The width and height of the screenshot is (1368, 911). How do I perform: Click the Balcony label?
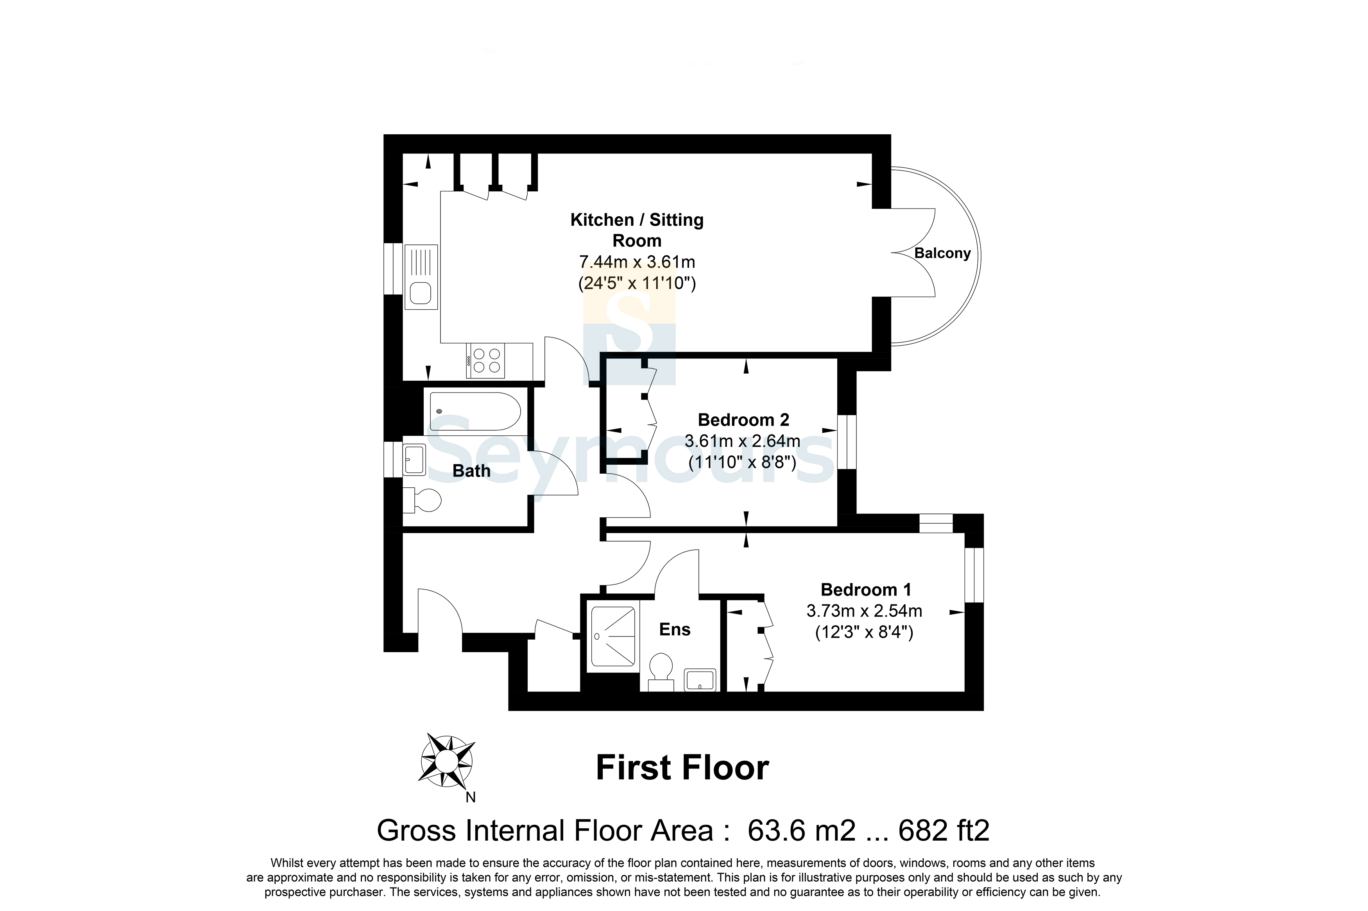pos(942,253)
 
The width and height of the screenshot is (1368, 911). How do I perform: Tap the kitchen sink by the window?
pos(421,276)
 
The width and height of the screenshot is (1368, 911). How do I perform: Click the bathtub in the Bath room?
pos(475,411)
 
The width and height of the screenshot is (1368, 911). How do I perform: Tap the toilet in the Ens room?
pos(661,672)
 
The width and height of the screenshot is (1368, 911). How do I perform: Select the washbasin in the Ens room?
pos(700,680)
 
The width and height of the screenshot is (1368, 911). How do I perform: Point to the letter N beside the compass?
pos(470,798)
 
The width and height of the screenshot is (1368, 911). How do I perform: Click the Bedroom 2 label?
pos(743,419)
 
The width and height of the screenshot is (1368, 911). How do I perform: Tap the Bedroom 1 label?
pos(866,590)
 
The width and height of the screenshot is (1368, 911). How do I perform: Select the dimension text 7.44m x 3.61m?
pos(637,262)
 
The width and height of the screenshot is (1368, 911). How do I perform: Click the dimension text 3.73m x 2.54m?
pos(865,611)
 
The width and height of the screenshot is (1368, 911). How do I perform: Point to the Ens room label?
pos(675,630)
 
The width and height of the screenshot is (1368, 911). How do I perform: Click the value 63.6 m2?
pos(802,831)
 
